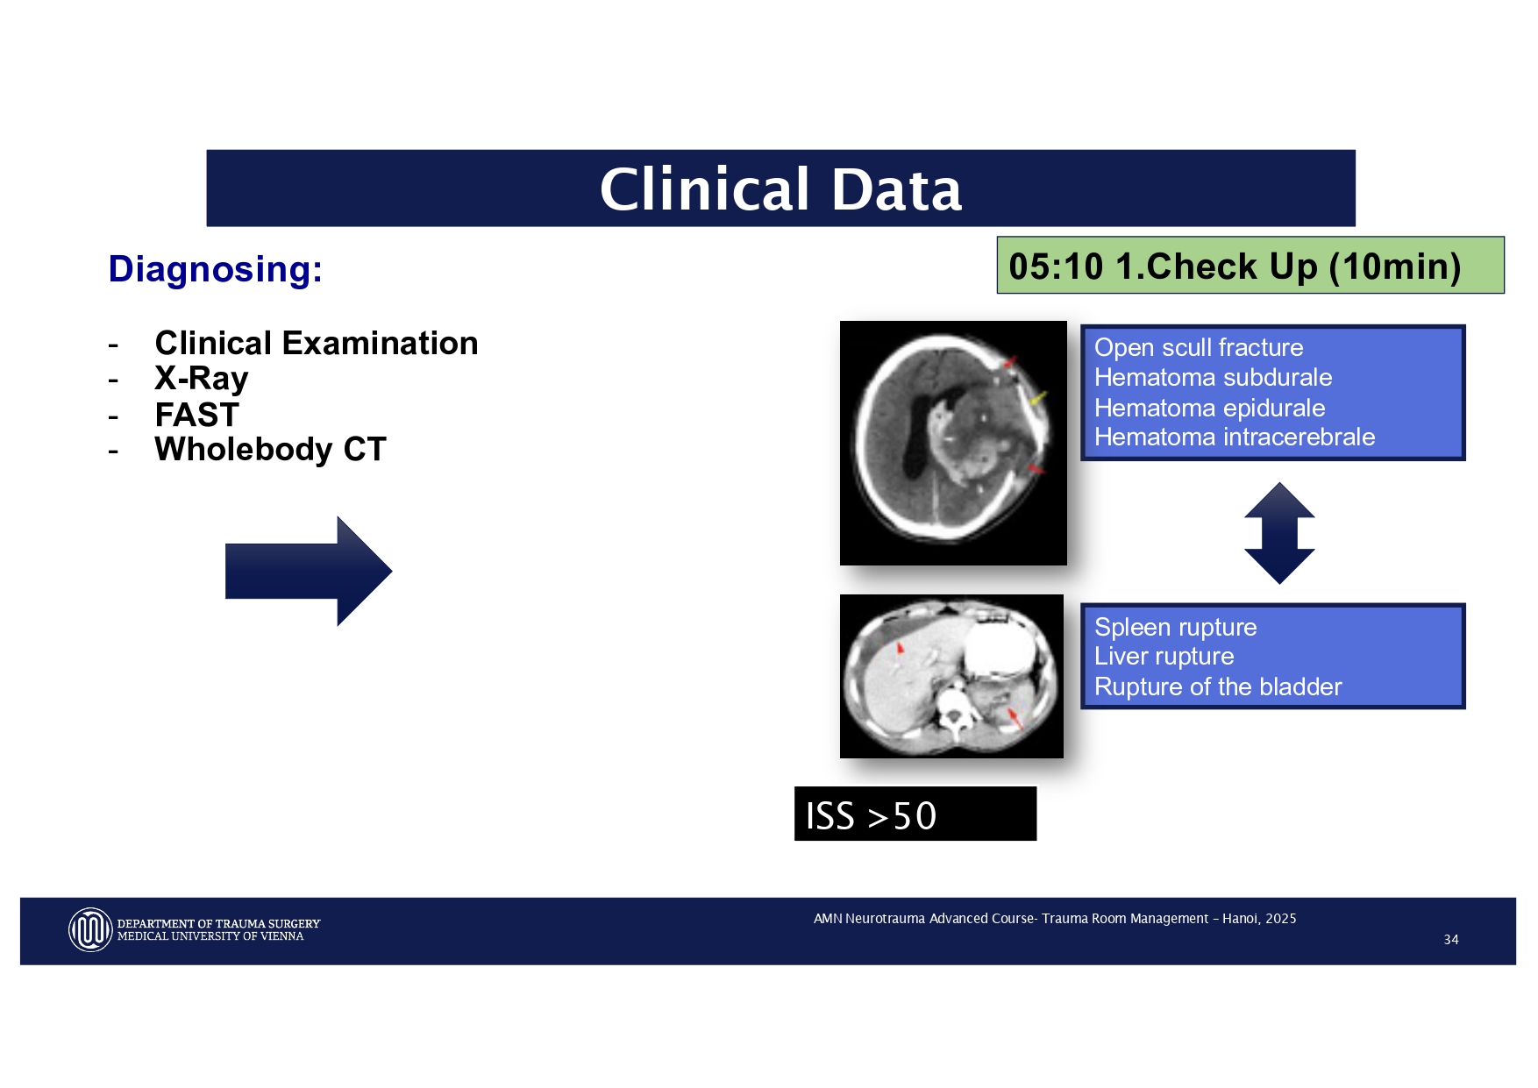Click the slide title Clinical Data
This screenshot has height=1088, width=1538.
coord(780,189)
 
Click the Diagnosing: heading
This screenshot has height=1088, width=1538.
coord(215,269)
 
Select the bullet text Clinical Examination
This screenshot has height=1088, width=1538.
coord(316,343)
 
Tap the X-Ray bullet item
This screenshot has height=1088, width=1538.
coord(201,379)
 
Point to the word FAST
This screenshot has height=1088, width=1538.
coord(196,414)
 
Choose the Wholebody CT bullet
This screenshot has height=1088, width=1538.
coord(270,449)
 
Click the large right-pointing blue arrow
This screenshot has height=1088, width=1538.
coord(308,571)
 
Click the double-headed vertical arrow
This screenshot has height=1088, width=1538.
coord(1278,533)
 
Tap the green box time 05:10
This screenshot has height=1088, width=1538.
coord(1056,267)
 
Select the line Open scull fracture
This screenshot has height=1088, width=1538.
coord(1198,347)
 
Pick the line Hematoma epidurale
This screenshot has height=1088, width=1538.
coord(1209,408)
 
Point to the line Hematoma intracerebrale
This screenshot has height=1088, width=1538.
coord(1234,437)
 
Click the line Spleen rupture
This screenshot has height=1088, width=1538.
coord(1175,627)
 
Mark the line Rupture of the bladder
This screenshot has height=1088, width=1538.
coord(1217,686)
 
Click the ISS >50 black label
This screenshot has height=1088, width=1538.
coord(915,814)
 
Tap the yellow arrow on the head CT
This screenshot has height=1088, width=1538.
coord(1037,399)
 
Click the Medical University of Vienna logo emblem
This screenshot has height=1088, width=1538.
coord(89,929)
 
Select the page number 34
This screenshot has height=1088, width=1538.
coord(1450,939)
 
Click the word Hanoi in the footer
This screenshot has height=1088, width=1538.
coord(1240,918)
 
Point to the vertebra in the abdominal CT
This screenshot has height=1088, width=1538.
coord(951,712)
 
